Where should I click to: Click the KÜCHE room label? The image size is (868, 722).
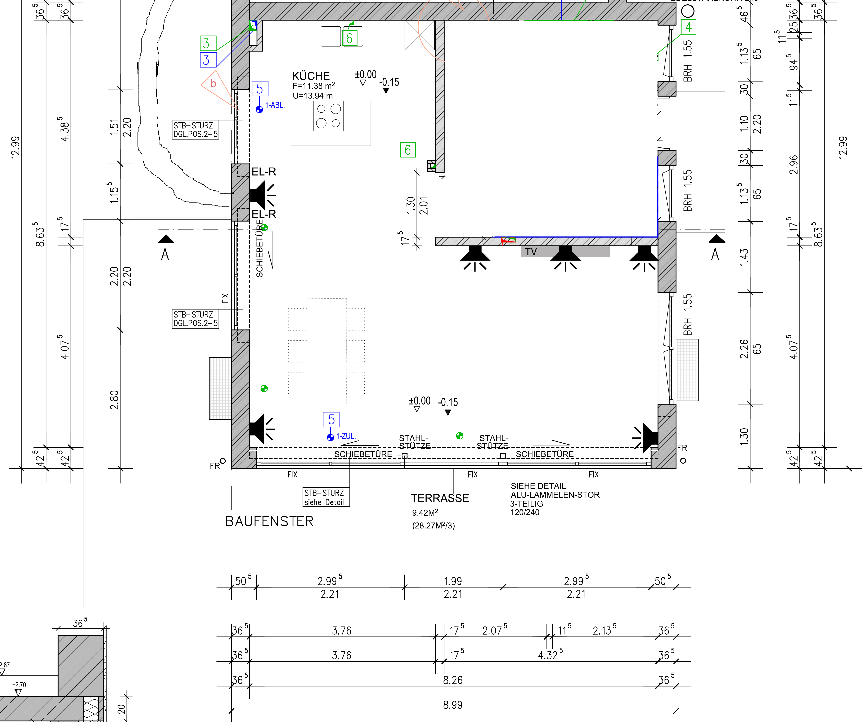click(311, 76)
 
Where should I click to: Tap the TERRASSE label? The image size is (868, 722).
click(440, 498)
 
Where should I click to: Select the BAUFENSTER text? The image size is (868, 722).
click(269, 522)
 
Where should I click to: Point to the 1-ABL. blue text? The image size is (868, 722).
click(275, 105)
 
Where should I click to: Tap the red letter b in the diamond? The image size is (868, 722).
click(213, 84)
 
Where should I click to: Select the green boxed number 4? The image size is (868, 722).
click(688, 27)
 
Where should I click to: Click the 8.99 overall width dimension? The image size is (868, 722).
click(453, 705)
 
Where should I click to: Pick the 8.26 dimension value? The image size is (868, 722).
click(453, 680)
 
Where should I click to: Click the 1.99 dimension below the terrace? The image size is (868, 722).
click(453, 581)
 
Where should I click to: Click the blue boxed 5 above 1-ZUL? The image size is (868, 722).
click(331, 419)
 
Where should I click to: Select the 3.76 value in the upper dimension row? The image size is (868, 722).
click(342, 631)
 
